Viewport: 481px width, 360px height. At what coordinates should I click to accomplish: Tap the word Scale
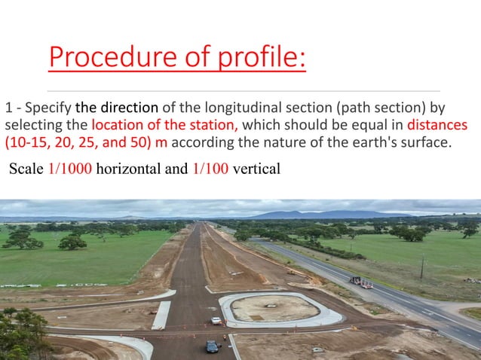26,169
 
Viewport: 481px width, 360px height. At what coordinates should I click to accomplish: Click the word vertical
257,169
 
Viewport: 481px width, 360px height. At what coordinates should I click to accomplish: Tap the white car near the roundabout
216,321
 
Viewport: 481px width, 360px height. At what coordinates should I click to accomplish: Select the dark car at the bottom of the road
212,346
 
